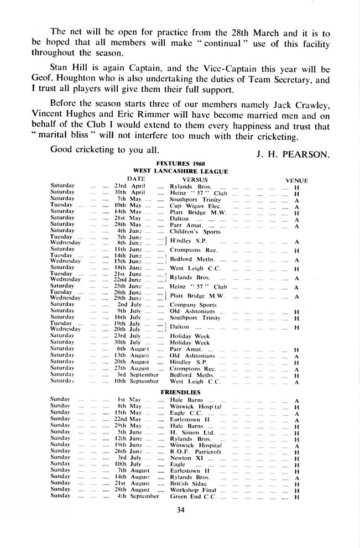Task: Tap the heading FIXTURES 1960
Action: tap(181, 164)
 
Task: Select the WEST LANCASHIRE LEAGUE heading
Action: tap(181, 171)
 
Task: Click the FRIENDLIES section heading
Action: tap(181, 392)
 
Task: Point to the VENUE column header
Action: tap(296, 180)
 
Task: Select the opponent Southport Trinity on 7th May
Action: tap(195, 199)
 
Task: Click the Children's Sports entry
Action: tap(191, 231)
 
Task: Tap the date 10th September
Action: tap(138, 382)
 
